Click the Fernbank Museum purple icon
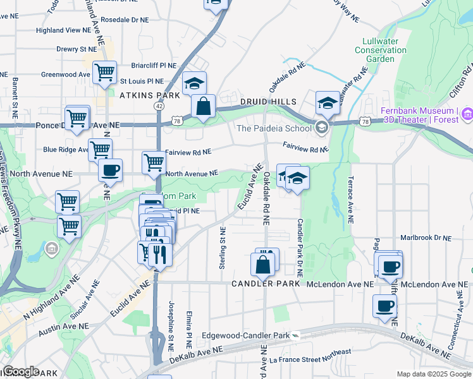467,114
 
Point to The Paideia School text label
274,129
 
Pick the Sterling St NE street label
222,248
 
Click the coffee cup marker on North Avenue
111,170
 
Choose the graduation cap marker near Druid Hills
328,102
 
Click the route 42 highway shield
158,107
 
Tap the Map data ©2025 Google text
434,374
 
